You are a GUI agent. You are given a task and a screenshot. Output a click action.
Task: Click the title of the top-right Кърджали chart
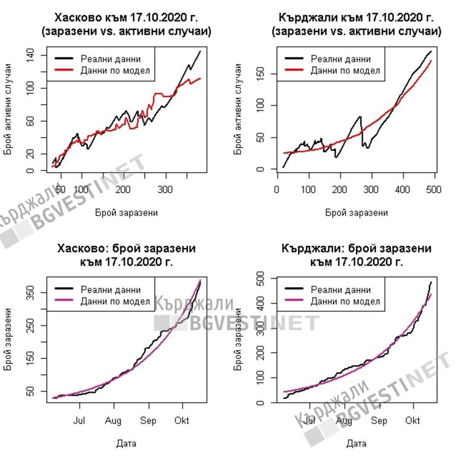[356, 24]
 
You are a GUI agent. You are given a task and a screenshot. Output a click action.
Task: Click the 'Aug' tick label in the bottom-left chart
[113, 421]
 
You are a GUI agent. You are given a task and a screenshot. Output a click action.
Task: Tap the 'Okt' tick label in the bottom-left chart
[182, 421]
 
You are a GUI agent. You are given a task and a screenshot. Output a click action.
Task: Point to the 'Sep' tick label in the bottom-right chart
[379, 421]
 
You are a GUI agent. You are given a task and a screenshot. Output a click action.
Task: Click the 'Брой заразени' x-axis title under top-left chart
[126, 213]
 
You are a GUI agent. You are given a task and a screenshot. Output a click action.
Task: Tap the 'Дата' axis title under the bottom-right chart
[356, 443]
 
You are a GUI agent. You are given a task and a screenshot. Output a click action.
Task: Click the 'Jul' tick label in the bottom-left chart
[79, 421]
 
